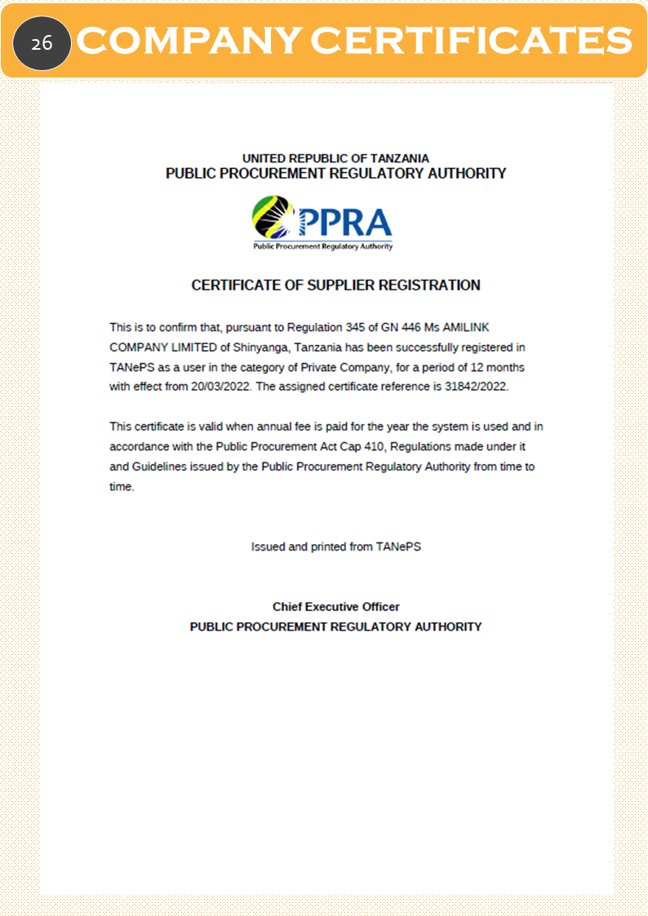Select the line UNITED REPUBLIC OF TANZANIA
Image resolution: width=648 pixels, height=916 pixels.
(x=335, y=158)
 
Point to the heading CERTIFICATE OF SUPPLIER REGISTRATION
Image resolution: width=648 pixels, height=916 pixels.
(x=335, y=285)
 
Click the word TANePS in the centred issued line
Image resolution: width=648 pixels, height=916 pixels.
(x=398, y=547)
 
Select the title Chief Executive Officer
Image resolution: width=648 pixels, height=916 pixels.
(x=335, y=607)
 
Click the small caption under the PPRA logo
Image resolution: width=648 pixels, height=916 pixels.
(x=322, y=246)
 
